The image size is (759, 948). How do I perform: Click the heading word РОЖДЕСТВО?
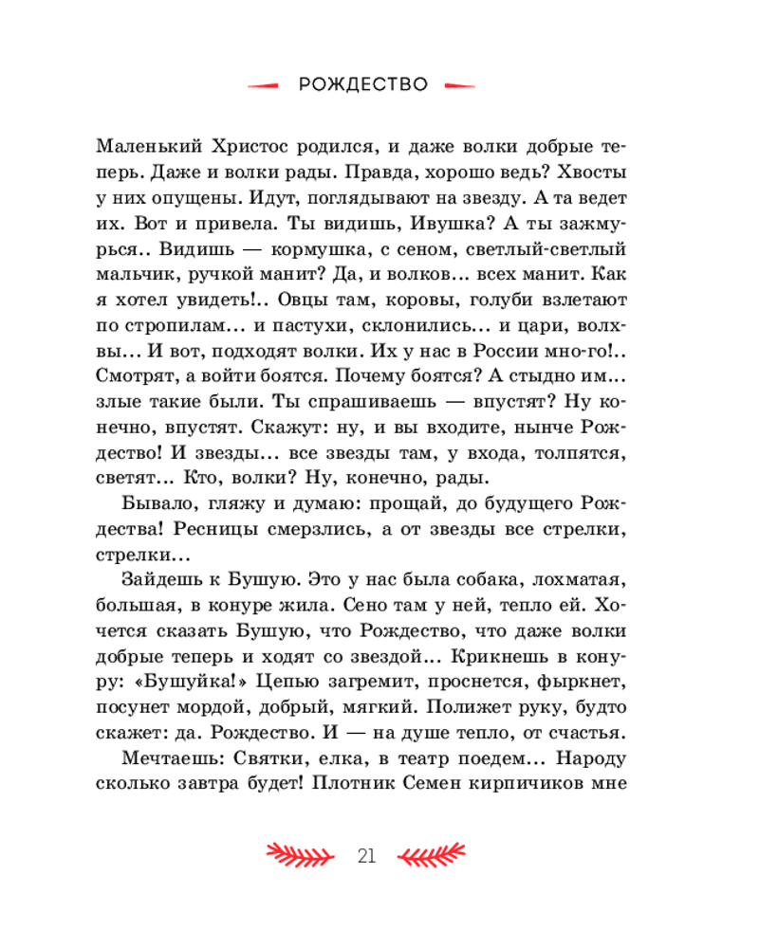point(362,84)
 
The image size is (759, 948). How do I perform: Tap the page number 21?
point(367,855)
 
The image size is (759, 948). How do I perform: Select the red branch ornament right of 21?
point(432,855)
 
